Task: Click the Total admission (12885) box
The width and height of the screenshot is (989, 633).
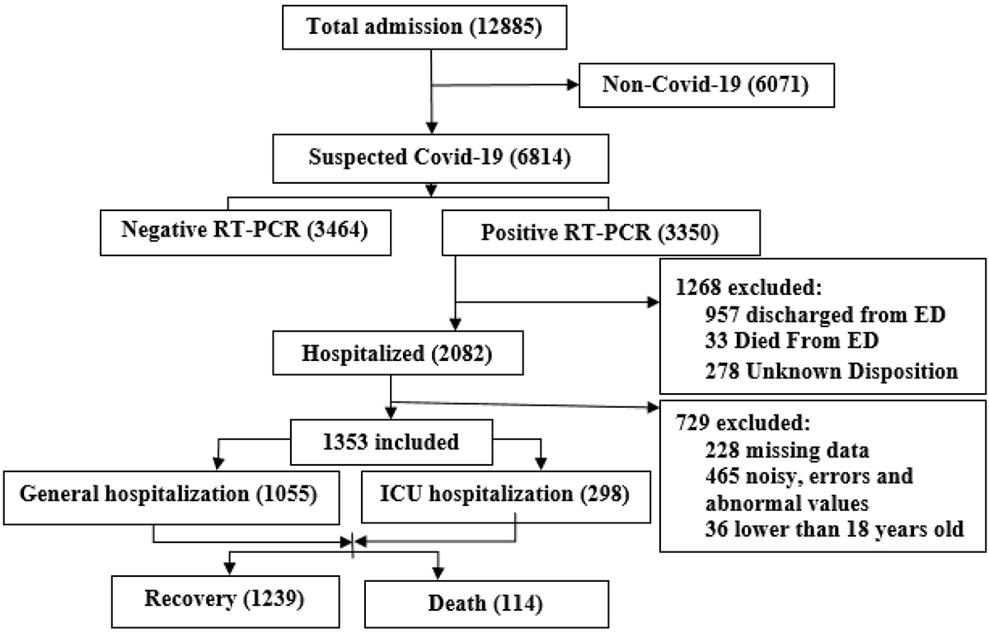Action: click(424, 27)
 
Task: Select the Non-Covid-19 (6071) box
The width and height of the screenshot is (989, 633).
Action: click(706, 85)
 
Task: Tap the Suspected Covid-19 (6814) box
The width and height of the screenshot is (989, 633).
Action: click(441, 158)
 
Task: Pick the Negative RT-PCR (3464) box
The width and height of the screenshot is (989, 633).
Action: click(246, 232)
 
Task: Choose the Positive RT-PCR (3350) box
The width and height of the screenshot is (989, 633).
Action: click(601, 232)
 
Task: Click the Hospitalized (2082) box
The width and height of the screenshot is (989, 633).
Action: click(398, 353)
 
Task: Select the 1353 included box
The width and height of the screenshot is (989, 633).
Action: click(391, 442)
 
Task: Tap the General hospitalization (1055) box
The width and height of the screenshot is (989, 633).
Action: click(171, 498)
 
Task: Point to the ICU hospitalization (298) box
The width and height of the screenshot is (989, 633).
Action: click(506, 497)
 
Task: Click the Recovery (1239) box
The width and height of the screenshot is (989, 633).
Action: click(225, 601)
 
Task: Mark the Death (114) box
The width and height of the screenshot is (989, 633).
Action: click(486, 604)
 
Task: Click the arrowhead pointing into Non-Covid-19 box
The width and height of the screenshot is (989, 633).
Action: click(573, 85)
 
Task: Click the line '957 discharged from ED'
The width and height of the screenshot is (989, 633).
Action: click(825, 315)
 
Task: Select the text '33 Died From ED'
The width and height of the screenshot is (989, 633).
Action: click(792, 340)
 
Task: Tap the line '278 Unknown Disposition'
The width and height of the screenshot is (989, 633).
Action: click(832, 371)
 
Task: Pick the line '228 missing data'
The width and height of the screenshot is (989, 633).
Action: click(787, 450)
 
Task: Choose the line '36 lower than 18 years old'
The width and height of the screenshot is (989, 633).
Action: click(834, 529)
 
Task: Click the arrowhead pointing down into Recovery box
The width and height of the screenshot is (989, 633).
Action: click(229, 569)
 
